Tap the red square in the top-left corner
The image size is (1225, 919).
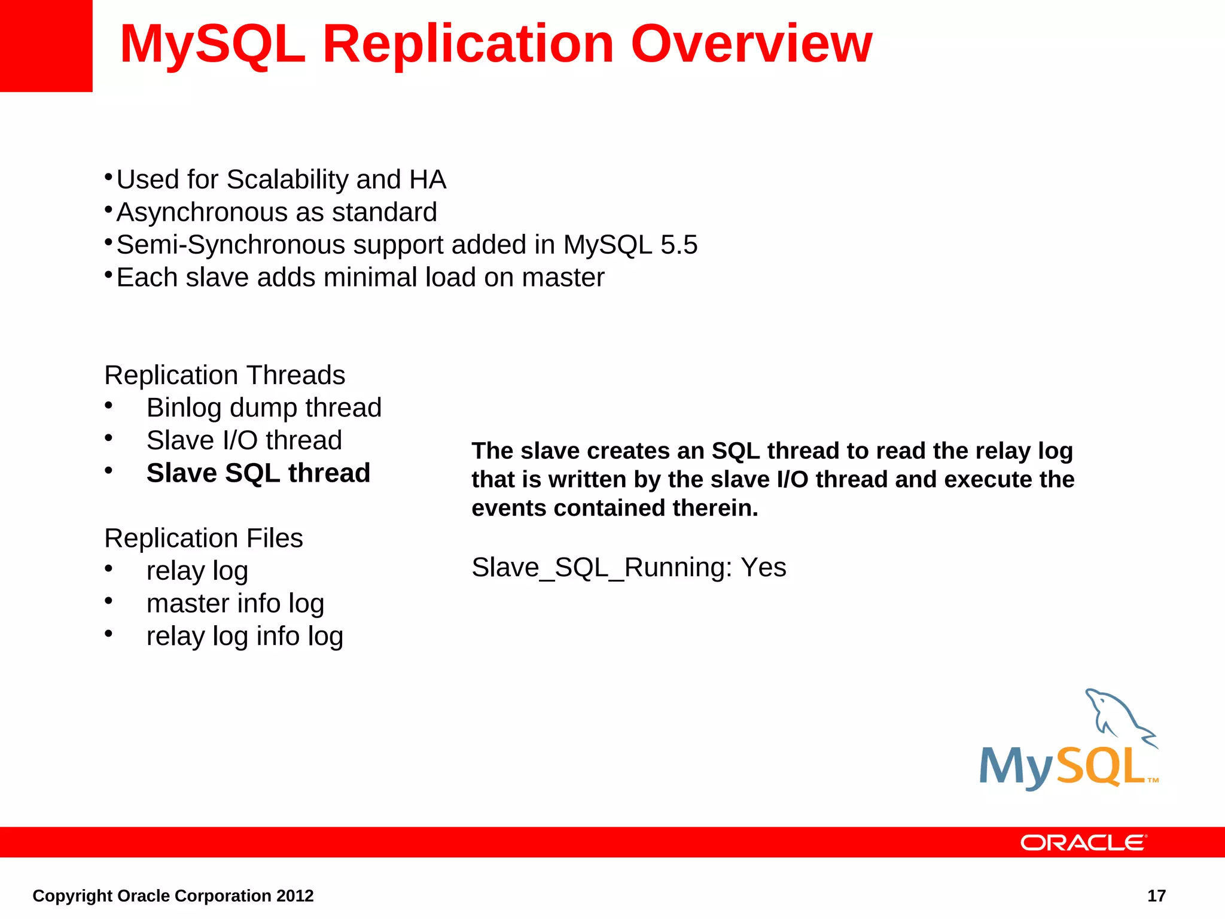(x=45, y=45)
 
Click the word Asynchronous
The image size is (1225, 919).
(x=201, y=212)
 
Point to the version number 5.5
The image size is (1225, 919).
(x=678, y=245)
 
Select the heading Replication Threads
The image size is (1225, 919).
(x=224, y=375)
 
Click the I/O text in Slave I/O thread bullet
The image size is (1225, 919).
(x=240, y=441)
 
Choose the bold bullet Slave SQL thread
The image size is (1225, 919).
(x=258, y=473)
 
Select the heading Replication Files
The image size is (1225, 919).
(x=203, y=538)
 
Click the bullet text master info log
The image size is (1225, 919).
(x=235, y=603)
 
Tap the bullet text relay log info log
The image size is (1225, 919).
(x=245, y=636)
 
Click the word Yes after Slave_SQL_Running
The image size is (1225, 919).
(x=763, y=567)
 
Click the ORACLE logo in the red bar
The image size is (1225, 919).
(x=1083, y=842)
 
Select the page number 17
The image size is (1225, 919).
(x=1156, y=896)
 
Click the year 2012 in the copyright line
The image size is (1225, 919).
(x=295, y=896)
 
